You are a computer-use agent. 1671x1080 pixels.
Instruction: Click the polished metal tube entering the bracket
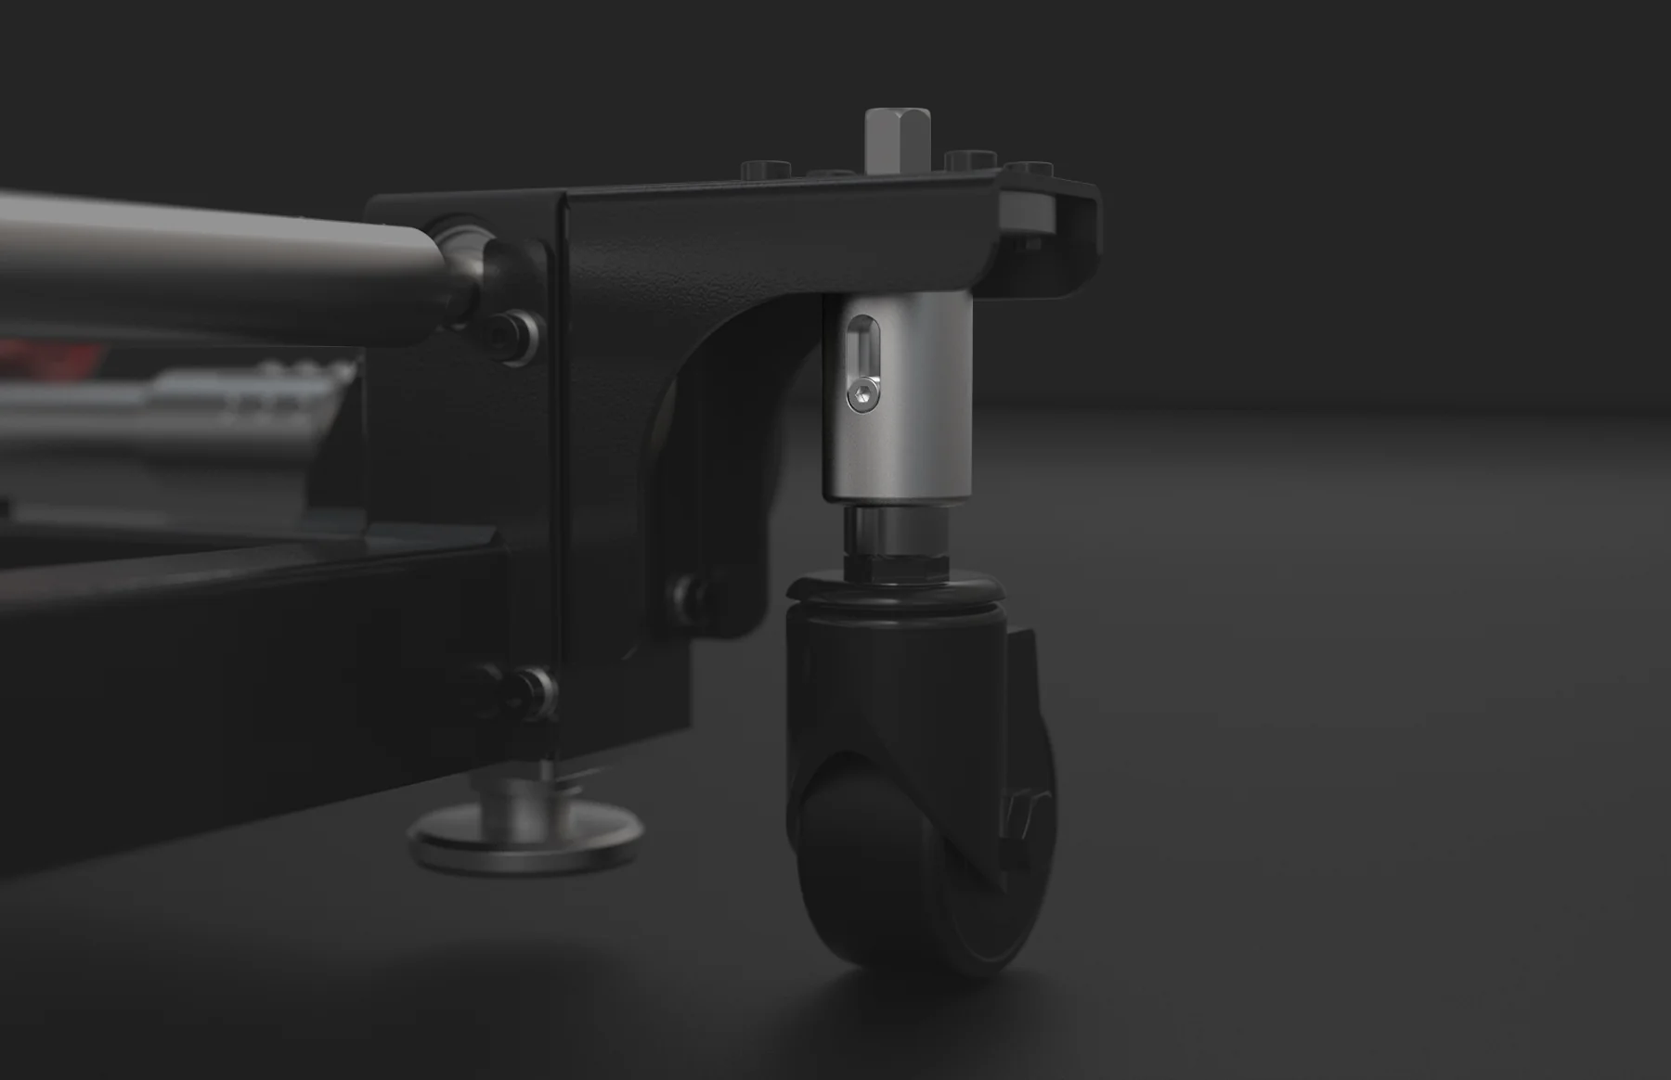214,264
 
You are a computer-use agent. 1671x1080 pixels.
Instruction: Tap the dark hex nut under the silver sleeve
895,560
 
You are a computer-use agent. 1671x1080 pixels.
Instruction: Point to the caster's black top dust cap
895,590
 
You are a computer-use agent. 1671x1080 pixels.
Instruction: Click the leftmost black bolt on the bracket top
766,169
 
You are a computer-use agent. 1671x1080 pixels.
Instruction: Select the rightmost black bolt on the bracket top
1029,169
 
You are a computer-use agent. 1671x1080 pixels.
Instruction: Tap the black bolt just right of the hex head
970,160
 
